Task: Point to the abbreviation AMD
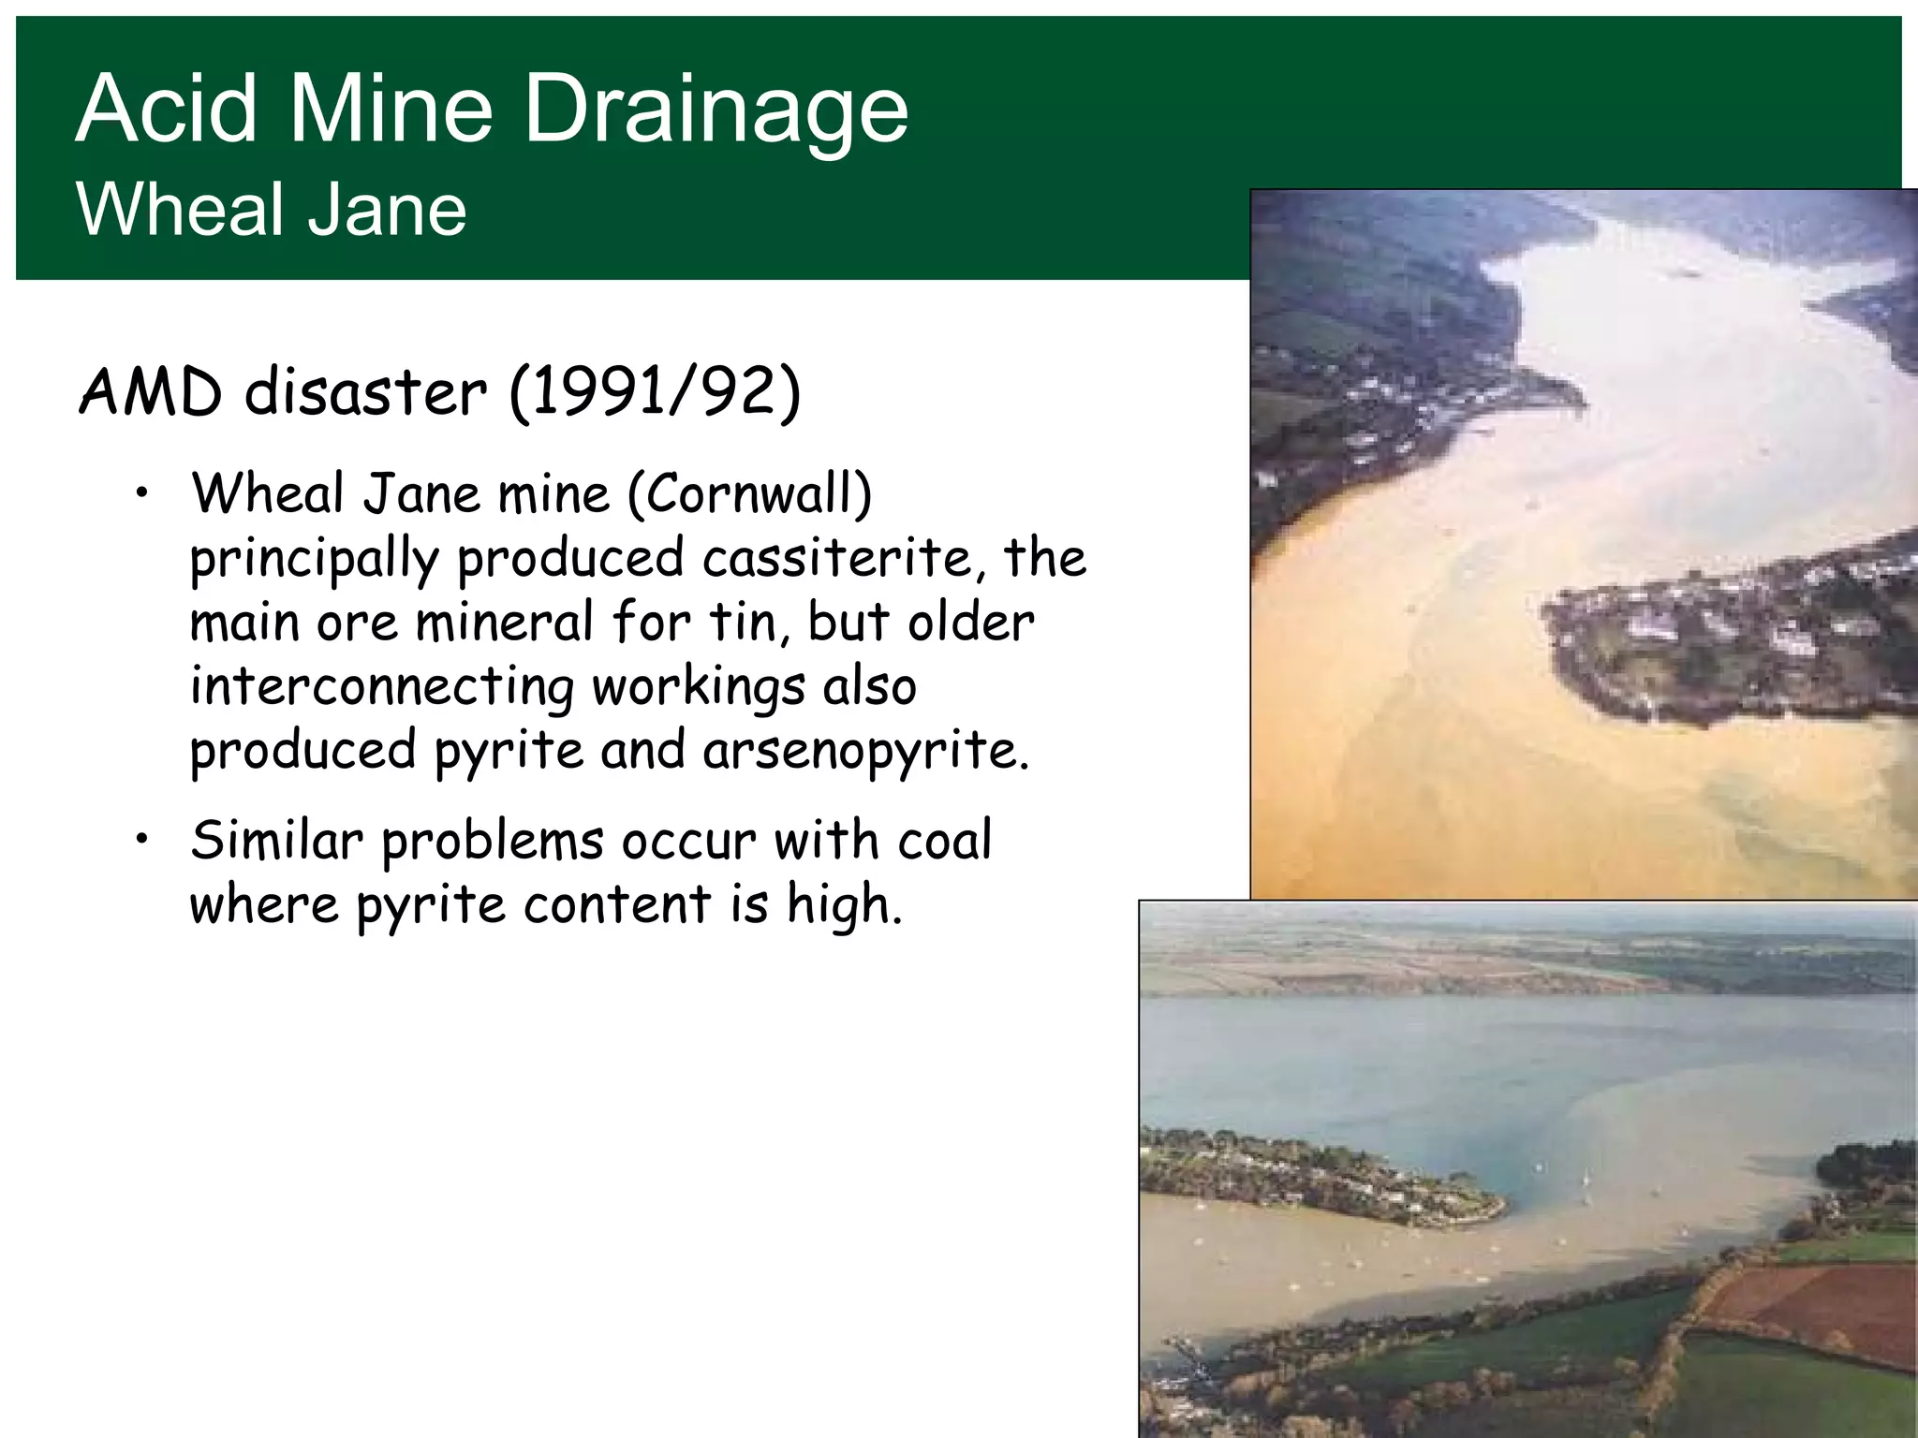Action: pos(151,392)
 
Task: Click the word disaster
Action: pos(365,392)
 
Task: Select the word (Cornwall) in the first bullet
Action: pos(749,493)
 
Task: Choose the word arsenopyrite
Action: pos(865,751)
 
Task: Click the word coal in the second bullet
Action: pos(944,840)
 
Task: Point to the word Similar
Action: pos(276,840)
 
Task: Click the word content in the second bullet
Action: pos(617,904)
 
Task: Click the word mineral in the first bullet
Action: pos(505,622)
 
